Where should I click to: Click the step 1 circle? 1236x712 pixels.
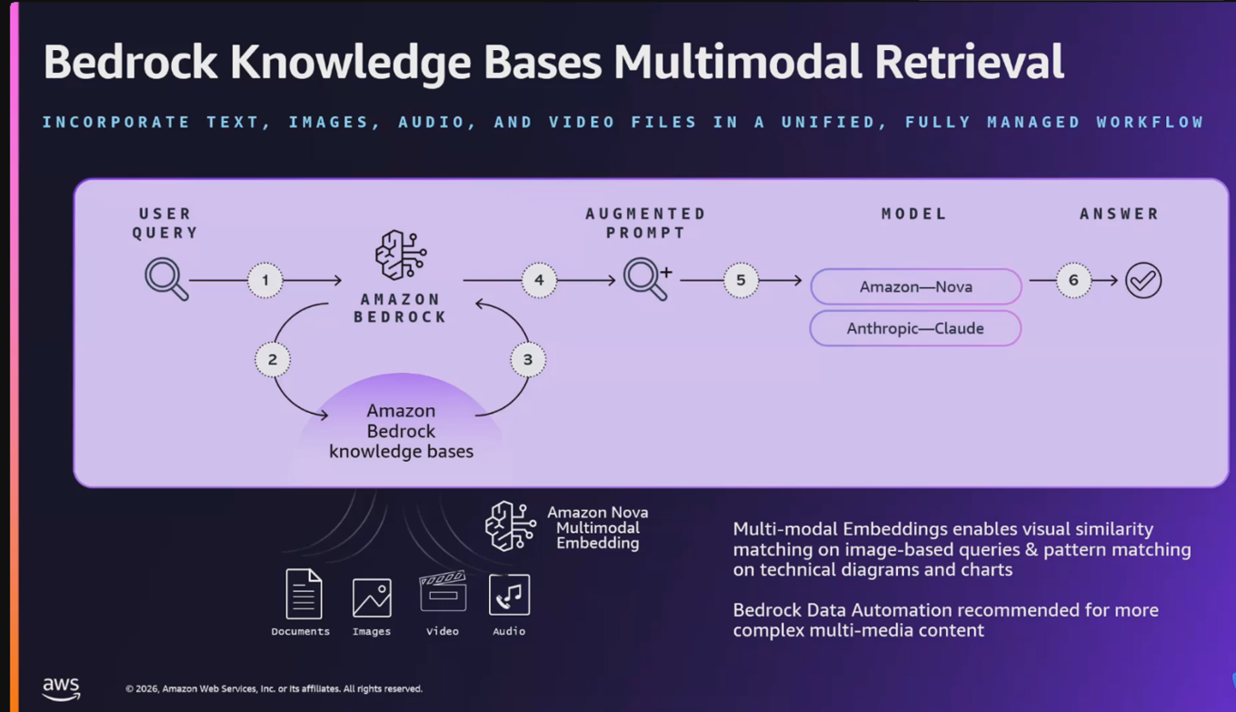pos(265,280)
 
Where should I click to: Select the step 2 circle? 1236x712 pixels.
pos(272,359)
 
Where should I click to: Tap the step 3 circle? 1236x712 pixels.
pos(528,359)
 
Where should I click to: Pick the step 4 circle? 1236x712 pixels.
pos(539,280)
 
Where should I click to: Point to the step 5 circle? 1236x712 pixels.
pos(741,280)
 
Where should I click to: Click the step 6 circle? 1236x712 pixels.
pos(1073,280)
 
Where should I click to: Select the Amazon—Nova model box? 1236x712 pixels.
pos(915,286)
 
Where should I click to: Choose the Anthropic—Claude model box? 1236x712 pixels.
pos(915,328)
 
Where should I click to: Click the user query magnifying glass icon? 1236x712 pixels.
pos(166,279)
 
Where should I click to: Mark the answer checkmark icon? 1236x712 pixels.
pos(1143,280)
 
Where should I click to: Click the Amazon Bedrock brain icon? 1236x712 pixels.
pos(401,256)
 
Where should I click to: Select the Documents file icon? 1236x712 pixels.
pos(304,594)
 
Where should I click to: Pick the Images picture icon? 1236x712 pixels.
pos(372,597)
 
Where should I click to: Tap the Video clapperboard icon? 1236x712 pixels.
pos(443,592)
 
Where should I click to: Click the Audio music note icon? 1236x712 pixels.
pos(509,595)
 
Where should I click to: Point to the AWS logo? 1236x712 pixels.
pos(61,688)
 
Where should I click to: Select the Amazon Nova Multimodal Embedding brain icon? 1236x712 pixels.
pos(510,526)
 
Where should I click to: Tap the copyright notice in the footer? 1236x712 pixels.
pos(274,689)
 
